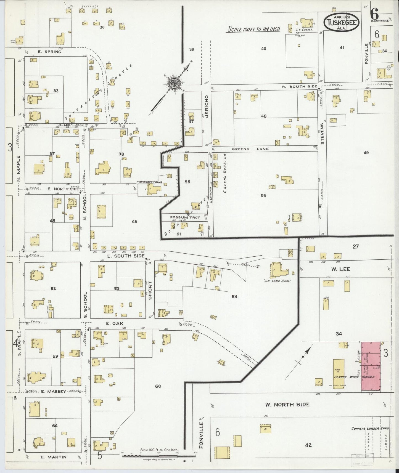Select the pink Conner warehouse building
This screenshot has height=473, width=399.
pyautogui.click(x=371, y=366)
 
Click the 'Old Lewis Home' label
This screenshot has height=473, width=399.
pyautogui.click(x=281, y=281)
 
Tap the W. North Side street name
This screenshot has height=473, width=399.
pyautogui.click(x=287, y=405)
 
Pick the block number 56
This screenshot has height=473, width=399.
pyautogui.click(x=263, y=195)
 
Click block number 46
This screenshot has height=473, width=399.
pyautogui.click(x=134, y=221)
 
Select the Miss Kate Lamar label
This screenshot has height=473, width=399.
pyautogui.click(x=150, y=182)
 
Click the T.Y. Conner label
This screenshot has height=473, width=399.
pyautogui.click(x=304, y=30)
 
